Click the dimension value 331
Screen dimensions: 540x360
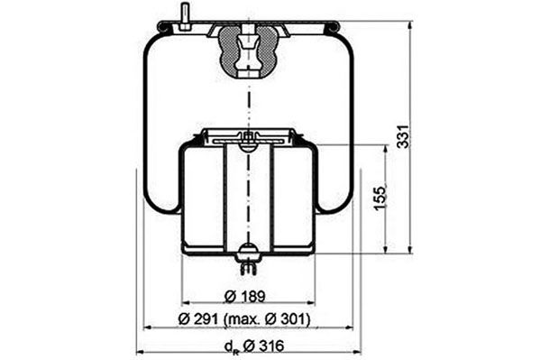[x=403, y=136]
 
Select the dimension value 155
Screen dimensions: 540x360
[x=380, y=198]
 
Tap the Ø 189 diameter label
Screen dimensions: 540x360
[x=245, y=296]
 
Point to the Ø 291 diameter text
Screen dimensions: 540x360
[x=198, y=319]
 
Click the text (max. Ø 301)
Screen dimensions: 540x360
[x=267, y=319]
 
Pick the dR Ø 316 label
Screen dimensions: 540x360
[x=254, y=346]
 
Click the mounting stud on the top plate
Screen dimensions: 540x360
[x=183, y=17]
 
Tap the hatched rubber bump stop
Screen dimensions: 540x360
[x=248, y=51]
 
